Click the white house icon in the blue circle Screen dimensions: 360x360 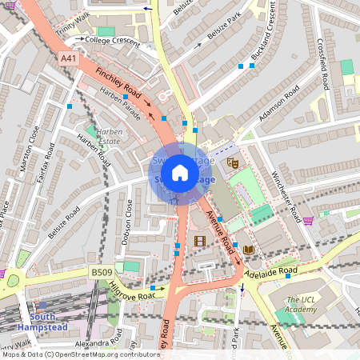(x=180, y=173)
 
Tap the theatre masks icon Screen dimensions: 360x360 (x=233, y=162)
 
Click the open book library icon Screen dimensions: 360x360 (x=248, y=250)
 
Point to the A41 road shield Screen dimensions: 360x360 (x=70, y=58)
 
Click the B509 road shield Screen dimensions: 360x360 (x=101, y=273)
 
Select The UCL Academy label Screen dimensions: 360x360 (x=302, y=306)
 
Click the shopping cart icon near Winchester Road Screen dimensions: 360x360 (x=308, y=221)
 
